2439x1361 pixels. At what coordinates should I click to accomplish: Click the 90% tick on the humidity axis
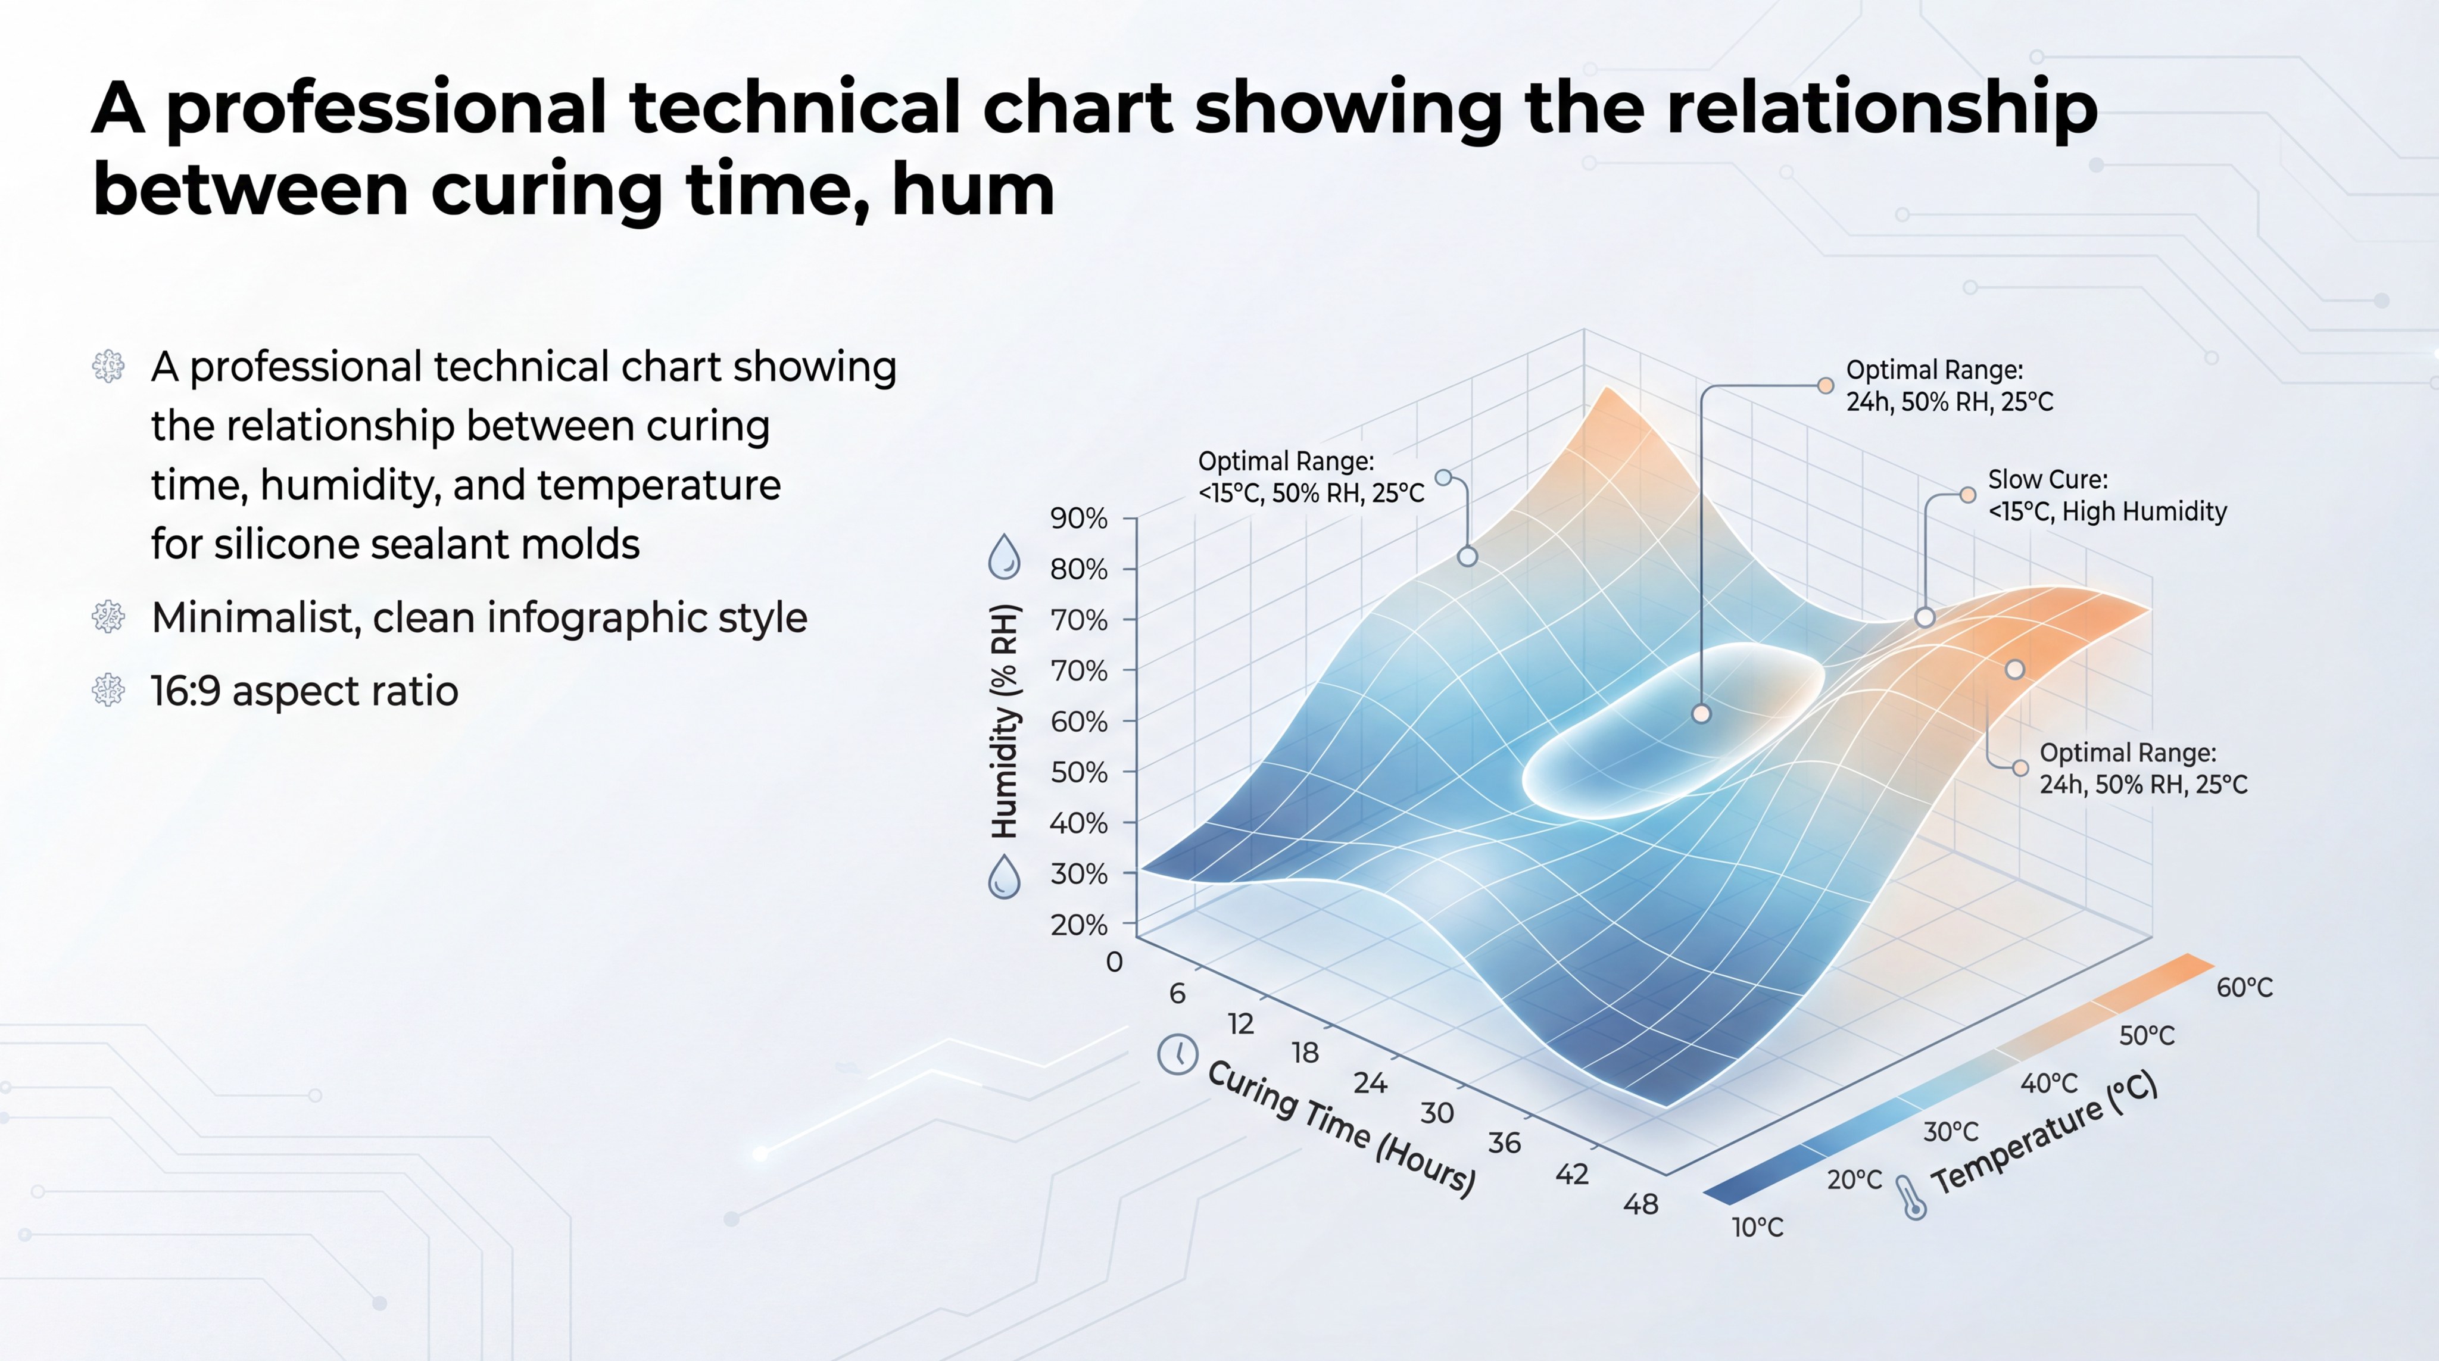[1078, 519]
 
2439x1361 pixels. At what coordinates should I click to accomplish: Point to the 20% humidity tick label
[1078, 925]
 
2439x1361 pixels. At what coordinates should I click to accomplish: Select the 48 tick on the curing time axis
[1641, 1205]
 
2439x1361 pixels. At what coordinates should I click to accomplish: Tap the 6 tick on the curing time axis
[1177, 993]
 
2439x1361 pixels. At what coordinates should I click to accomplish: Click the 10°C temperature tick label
[1757, 1228]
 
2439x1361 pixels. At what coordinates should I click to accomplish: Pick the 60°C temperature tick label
[2244, 988]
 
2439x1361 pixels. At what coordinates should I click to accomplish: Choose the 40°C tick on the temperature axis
[2049, 1084]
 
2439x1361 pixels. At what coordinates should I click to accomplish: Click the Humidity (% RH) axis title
[1005, 721]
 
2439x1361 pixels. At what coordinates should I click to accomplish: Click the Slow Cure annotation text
[2107, 495]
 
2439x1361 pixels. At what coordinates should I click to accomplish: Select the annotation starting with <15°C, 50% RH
[1311, 478]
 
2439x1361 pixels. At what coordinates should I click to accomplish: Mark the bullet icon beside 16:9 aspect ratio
[108, 690]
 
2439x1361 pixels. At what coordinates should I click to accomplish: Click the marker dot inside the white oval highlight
[1701, 714]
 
